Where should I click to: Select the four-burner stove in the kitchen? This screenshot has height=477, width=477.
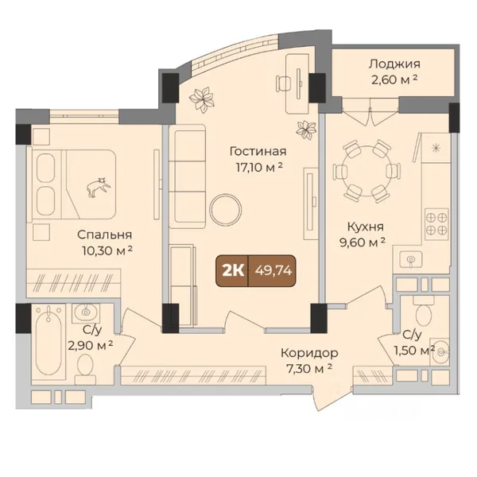point(436,222)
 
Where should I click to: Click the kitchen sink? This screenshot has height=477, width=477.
point(411,259)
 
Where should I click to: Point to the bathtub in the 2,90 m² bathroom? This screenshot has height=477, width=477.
point(48,341)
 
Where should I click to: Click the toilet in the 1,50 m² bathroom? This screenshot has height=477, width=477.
point(424,311)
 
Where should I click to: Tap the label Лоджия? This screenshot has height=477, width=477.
point(394,64)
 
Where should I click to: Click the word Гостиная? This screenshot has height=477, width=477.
point(258,151)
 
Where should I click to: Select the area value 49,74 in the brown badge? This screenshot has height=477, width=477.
point(273,270)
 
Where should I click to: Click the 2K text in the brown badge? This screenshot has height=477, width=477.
point(233,270)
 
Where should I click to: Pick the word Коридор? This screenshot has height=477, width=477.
point(309,354)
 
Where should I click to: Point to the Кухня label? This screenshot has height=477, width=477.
point(366,227)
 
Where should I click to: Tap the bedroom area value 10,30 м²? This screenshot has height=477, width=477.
point(107,250)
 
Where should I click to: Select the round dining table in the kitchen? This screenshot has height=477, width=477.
point(366,171)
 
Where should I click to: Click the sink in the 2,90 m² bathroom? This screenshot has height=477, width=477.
point(86,312)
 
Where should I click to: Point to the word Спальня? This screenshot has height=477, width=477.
point(104,235)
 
